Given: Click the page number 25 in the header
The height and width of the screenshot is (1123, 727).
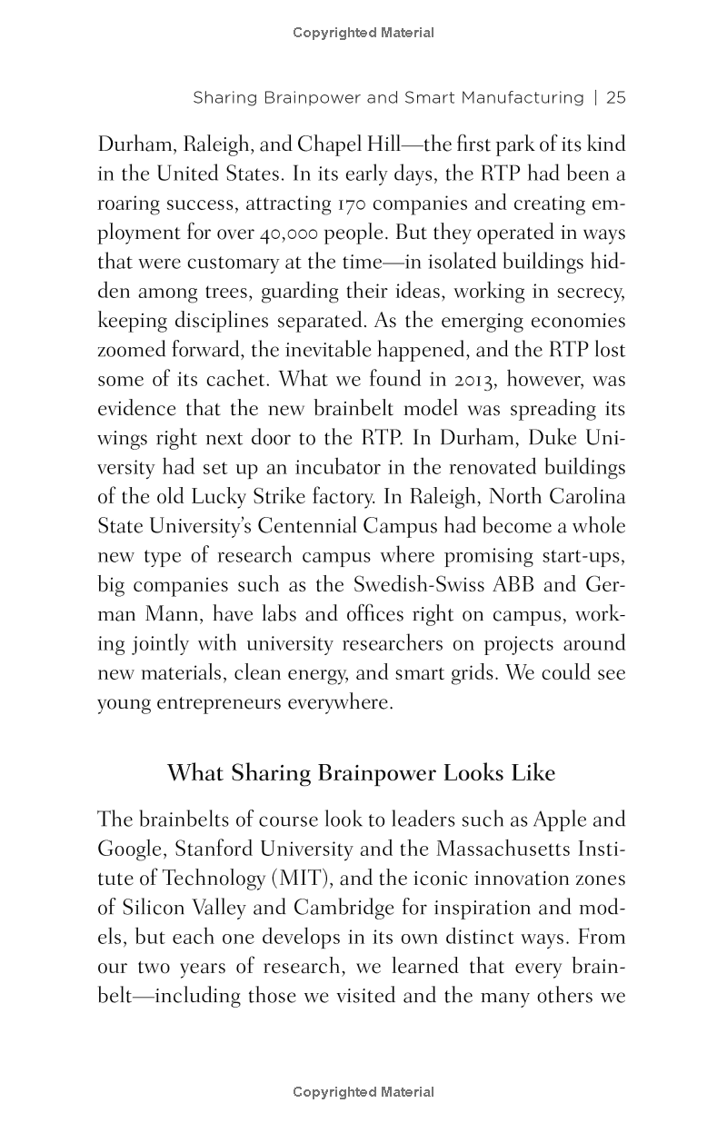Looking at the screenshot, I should coord(616,97).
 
